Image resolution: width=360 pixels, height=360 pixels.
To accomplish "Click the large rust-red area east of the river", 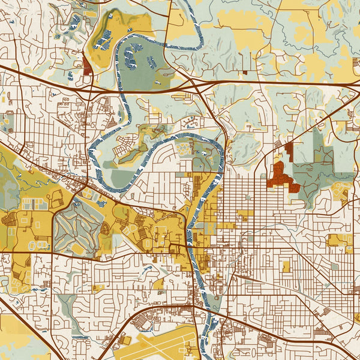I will pos(282,177).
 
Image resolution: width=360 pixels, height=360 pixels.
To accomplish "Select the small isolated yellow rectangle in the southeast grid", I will pos(286,266).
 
